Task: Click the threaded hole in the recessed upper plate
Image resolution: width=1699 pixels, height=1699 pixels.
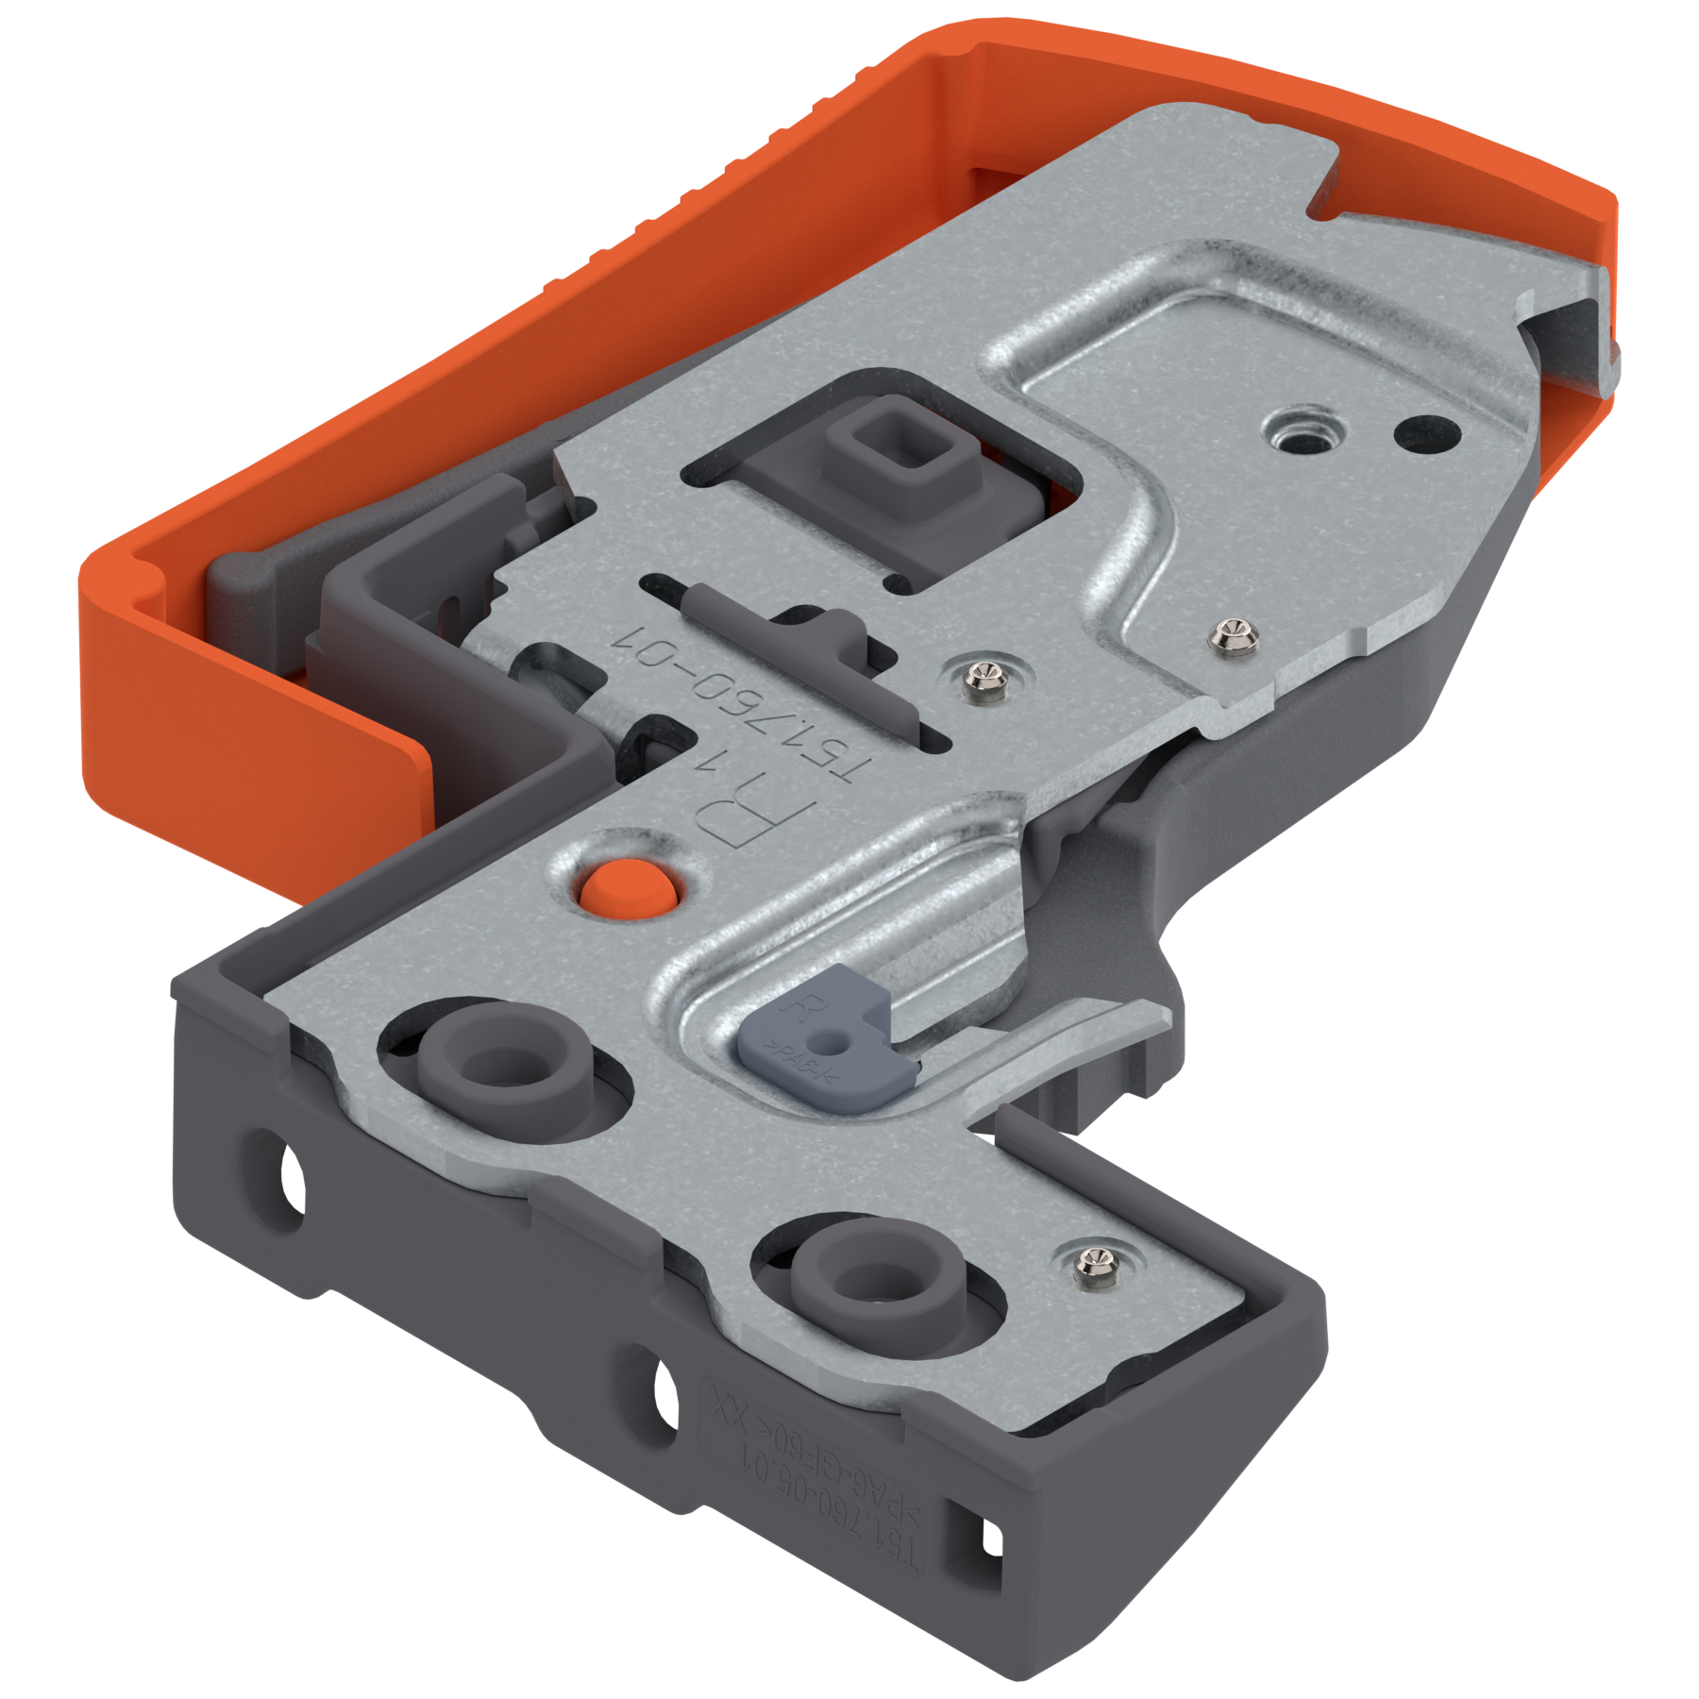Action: pos(1304,432)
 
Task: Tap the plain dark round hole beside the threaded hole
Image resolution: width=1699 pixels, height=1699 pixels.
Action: pos(1427,432)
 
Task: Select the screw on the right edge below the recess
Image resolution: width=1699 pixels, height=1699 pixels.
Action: pos(1232,636)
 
